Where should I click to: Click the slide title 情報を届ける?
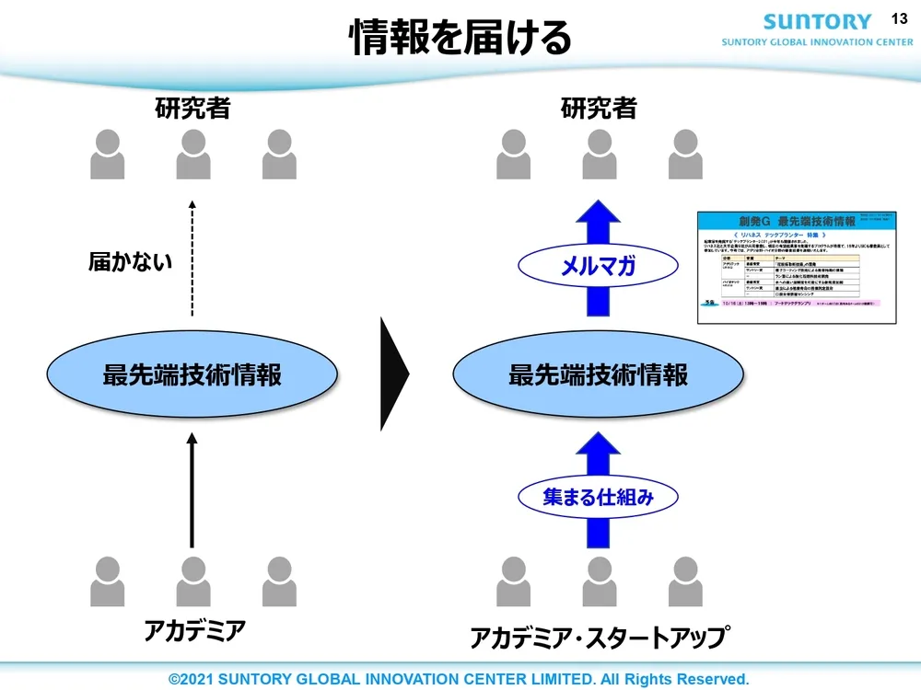(460, 39)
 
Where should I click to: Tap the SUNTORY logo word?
(817, 21)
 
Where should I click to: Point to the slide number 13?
(900, 18)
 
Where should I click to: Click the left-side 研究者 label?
(192, 109)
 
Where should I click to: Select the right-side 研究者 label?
(599, 109)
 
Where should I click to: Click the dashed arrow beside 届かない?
(192, 258)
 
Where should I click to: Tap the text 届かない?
(130, 261)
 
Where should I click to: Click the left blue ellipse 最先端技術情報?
(192, 375)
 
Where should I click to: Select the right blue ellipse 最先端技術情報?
(599, 375)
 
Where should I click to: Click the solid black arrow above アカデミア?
(192, 492)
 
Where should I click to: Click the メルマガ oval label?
(600, 268)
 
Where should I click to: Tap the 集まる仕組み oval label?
(599, 497)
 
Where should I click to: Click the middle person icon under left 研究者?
(193, 154)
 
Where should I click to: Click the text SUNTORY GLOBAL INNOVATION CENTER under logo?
(817, 42)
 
